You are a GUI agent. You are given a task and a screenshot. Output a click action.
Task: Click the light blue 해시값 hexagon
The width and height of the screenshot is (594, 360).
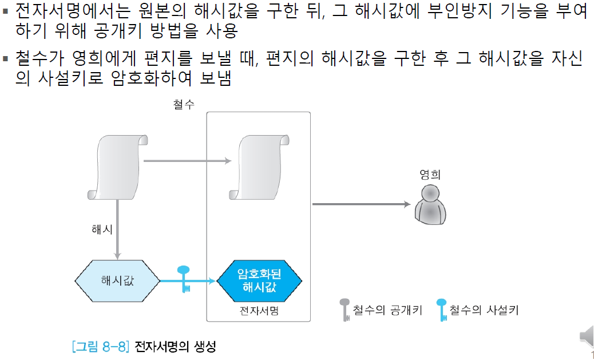point(117,281)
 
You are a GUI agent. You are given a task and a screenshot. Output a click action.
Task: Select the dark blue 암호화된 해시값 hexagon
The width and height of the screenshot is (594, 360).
point(259,281)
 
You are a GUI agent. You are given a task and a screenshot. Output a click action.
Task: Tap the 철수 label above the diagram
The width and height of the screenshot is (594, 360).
point(184,105)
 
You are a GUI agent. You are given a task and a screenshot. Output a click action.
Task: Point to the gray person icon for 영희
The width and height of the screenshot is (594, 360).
point(430,204)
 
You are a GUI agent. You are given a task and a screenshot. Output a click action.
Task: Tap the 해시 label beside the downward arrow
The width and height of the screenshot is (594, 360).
point(102,229)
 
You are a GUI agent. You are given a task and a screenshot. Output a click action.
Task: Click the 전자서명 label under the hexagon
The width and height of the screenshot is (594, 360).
point(259,311)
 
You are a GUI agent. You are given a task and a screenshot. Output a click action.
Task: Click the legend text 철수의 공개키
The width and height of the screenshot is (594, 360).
point(387,310)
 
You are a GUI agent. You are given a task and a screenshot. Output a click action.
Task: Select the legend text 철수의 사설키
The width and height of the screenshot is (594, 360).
point(484,310)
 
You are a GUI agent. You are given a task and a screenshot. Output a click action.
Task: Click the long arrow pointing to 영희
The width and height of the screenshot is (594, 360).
point(361,204)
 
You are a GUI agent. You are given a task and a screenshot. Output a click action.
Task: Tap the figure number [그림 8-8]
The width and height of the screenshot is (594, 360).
point(101,347)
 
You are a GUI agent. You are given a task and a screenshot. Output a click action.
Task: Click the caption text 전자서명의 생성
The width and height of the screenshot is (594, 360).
point(175,347)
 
